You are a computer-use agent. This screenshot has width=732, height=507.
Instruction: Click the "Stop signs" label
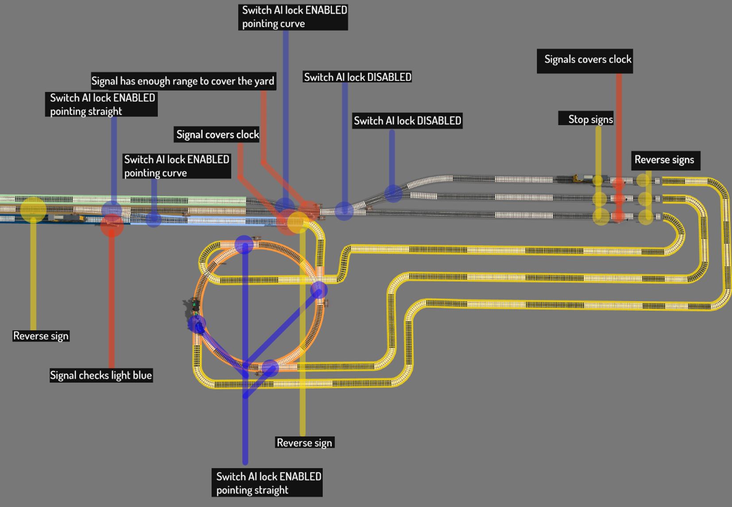pos(586,119)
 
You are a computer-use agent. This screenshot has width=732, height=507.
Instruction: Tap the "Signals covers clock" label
pos(585,60)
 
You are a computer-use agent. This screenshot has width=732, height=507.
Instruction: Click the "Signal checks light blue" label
pos(101,375)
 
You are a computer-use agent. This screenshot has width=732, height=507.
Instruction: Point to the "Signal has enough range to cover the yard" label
pos(183,81)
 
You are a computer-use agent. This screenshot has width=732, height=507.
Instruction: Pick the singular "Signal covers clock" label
pos(217,134)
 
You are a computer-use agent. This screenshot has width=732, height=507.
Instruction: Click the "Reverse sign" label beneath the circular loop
pos(304,442)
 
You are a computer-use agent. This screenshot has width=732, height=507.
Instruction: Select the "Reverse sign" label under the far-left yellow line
pos(41,336)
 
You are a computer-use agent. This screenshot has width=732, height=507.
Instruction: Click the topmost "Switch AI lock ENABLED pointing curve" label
pos(293,17)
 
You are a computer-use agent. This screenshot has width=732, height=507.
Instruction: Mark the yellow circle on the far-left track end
pos(33,209)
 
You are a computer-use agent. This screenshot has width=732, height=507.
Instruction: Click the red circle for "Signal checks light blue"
pos(112,225)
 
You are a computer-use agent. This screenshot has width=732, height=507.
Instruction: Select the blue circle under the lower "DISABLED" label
pos(393,193)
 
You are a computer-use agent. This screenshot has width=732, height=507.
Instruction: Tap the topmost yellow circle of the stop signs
pos(598,180)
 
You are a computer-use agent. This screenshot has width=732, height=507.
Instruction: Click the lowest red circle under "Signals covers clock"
pos(618,217)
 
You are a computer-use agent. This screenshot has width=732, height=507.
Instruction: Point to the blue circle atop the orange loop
pos(244,244)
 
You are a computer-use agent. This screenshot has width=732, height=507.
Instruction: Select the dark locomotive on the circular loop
pos(193,306)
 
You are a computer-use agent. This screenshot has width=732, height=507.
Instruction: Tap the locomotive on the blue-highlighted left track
pos(66,218)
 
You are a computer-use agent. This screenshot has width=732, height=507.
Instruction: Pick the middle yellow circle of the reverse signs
pos(645,198)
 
